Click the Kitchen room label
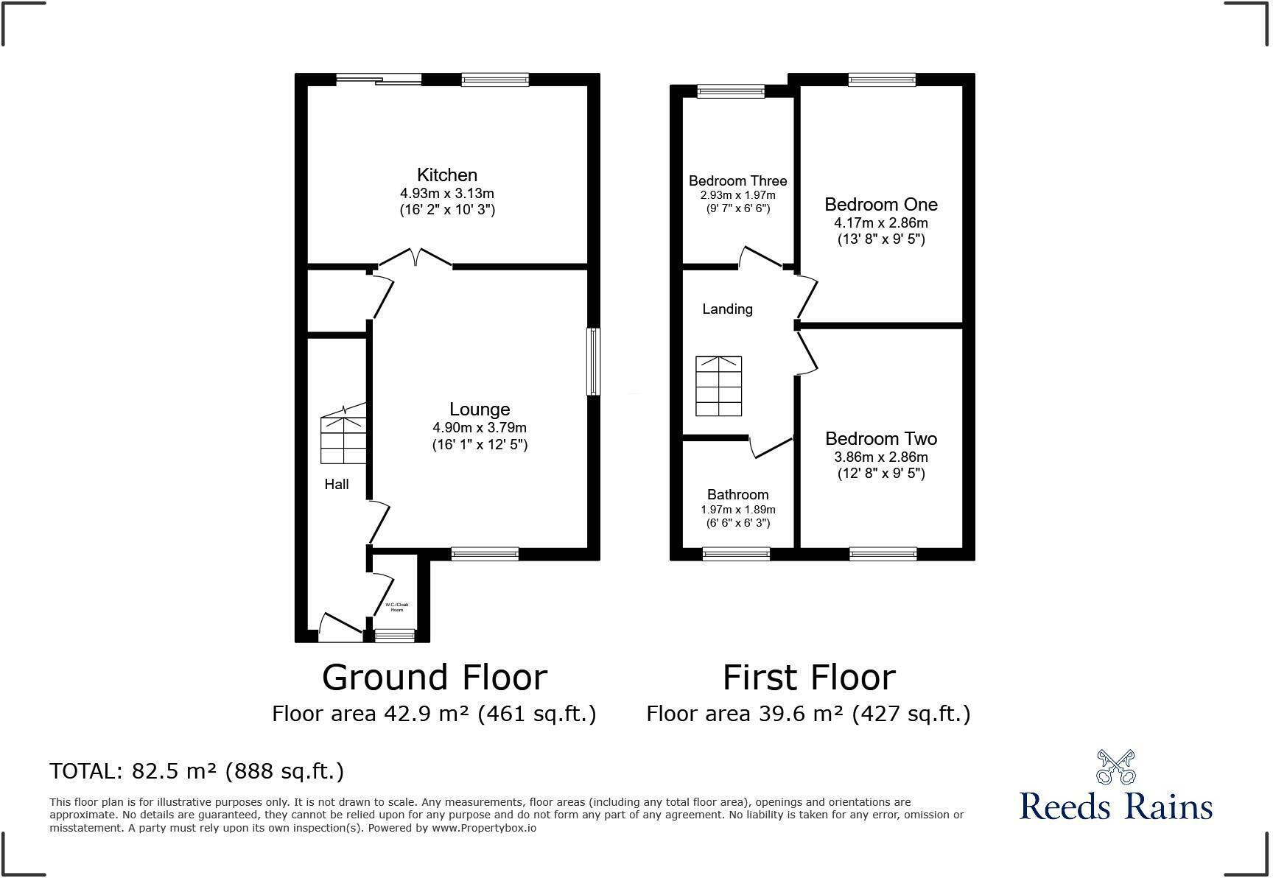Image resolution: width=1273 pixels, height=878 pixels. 446,175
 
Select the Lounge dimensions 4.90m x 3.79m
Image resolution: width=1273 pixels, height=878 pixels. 479,428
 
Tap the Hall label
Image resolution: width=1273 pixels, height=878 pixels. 337,484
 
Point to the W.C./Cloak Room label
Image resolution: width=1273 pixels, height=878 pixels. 396,608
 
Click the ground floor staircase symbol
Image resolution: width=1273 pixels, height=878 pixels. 343,440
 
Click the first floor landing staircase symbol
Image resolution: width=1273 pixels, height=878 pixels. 718,387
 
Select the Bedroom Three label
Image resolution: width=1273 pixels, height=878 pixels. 737,181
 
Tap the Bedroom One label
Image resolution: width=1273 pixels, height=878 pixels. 880,205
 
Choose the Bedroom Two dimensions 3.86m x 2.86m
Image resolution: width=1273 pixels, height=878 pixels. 880,457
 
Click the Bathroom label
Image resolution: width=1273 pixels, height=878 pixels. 737,495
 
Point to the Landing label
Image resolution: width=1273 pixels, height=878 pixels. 727,309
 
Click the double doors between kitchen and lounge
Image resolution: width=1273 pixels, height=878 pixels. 415,258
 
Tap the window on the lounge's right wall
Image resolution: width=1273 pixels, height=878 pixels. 593,362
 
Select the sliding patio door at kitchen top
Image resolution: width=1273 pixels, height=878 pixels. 379,79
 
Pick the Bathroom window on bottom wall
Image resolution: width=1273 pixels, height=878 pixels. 736,554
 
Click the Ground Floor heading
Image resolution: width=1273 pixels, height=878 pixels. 434,678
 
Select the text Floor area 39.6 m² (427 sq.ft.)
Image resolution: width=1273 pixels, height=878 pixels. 808,714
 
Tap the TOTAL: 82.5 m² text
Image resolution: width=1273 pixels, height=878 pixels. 197,771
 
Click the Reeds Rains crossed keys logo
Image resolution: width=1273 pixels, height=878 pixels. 1115,768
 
